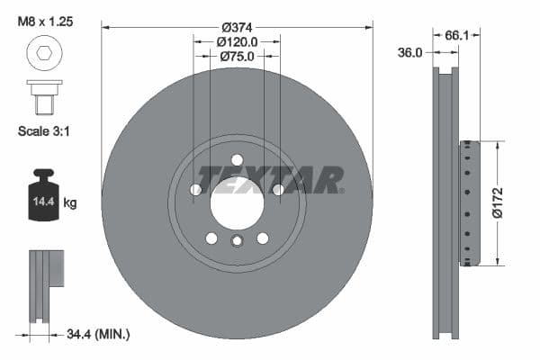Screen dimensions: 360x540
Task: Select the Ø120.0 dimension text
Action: pyautogui.click(x=237, y=40)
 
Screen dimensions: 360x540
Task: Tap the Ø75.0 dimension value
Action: pyautogui.click(x=237, y=56)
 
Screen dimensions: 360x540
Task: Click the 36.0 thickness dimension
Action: pyautogui.click(x=410, y=52)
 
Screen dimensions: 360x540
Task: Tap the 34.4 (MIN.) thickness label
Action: pyautogui.click(x=98, y=335)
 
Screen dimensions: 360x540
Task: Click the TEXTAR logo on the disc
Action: pyautogui.click(x=270, y=179)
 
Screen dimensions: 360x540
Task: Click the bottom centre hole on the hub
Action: pyautogui.click(x=237, y=241)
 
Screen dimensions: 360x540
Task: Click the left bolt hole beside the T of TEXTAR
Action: pyautogui.click(x=195, y=189)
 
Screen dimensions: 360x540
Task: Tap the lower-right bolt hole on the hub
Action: pyautogui.click(x=263, y=238)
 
